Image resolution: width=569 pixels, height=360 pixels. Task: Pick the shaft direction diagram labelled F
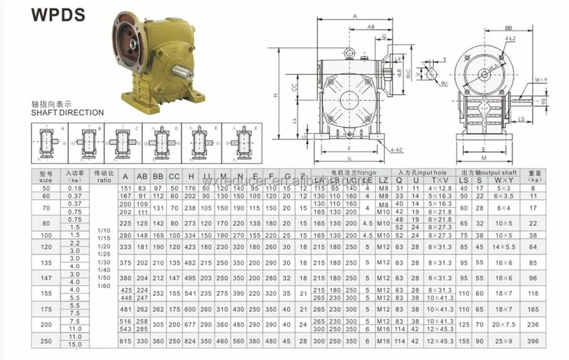point(237,140)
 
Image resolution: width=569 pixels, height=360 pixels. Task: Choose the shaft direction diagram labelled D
point(160,140)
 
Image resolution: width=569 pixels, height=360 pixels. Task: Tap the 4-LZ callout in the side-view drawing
point(509,39)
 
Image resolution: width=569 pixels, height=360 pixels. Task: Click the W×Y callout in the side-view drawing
point(540,80)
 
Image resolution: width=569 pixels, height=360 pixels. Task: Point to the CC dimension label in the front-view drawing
point(294,89)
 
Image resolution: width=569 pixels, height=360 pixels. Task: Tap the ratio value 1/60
point(104,285)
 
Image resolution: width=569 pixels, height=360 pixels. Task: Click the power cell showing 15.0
point(75,344)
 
